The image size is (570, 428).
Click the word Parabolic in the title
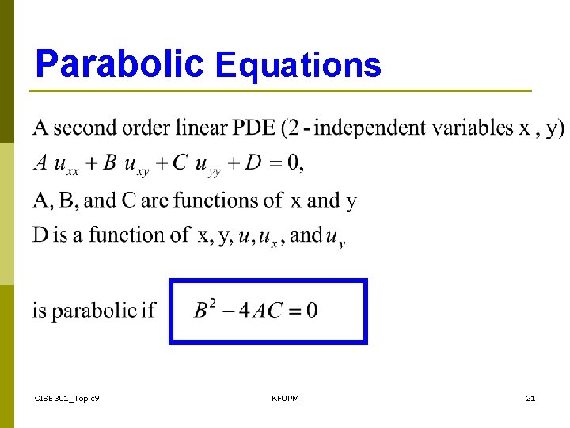[120, 64]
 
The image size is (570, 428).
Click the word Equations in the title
[298, 66]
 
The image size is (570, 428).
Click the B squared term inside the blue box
[204, 308]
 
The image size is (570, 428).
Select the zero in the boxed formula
[312, 310]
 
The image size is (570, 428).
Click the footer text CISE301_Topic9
[67, 398]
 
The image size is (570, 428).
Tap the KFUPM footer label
[285, 398]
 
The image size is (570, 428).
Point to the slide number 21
[530, 398]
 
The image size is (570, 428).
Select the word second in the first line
[82, 127]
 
